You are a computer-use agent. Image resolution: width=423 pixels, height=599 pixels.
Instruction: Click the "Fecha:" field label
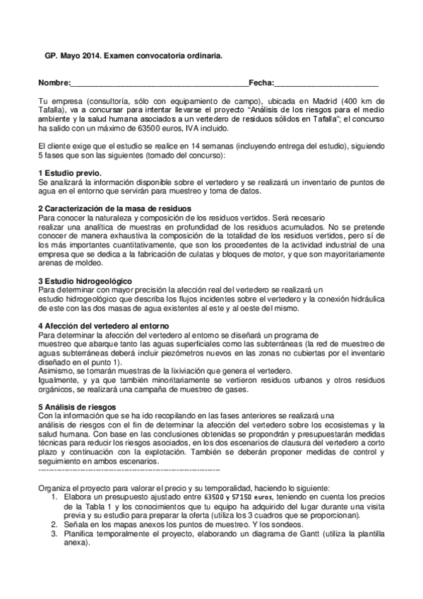point(261,84)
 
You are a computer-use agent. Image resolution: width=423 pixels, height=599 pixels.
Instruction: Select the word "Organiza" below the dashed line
point(56,488)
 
